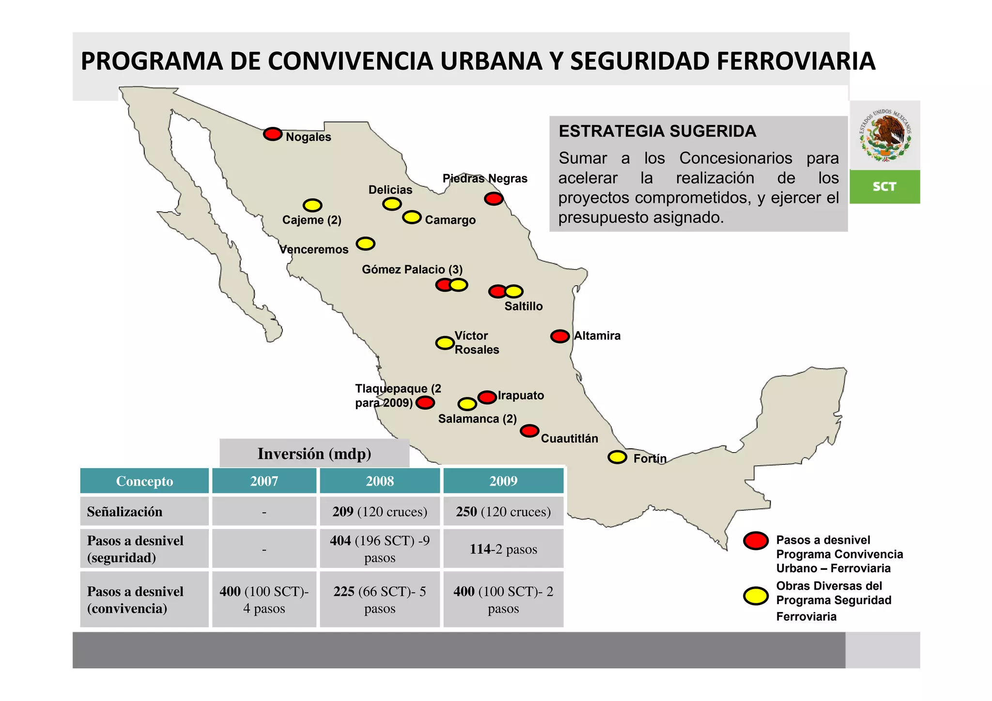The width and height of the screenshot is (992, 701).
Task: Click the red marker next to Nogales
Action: click(273, 134)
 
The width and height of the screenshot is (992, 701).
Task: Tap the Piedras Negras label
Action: click(484, 179)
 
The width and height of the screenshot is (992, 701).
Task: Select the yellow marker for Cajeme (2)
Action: click(312, 205)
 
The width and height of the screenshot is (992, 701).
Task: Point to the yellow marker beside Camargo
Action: click(412, 217)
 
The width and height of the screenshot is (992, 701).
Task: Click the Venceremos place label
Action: click(314, 250)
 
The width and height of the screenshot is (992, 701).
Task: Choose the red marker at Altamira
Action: click(560, 336)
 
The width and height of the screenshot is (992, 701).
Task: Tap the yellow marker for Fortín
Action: click(617, 457)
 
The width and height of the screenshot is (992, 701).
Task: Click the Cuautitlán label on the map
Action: click(569, 439)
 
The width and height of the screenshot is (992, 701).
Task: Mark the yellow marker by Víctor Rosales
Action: click(445, 343)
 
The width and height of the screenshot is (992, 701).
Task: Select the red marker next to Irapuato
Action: click(487, 397)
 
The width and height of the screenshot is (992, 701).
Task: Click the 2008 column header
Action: click(380, 481)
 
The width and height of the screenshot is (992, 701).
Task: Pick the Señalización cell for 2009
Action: click(503, 512)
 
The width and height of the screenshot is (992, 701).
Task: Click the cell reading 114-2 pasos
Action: click(503, 549)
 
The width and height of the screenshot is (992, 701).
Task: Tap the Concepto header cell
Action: click(144, 481)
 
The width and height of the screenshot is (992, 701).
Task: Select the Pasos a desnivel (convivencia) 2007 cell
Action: click(264, 600)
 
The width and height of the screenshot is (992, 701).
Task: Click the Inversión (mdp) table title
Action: click(314, 454)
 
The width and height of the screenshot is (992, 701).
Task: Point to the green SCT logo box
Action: click(884, 187)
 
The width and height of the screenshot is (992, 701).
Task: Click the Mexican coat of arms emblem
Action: click(885, 136)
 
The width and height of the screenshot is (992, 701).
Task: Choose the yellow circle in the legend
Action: click(756, 596)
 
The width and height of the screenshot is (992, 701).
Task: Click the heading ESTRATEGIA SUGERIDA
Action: click(657, 132)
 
